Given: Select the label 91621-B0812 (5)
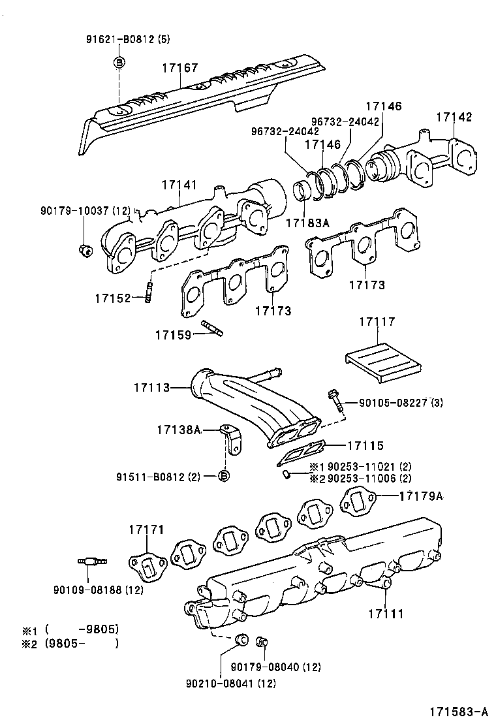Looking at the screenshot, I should point(127,39).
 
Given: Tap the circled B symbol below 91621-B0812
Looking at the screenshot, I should point(119,62).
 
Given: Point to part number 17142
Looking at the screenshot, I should point(454,118).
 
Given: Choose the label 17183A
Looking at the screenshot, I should point(307,223).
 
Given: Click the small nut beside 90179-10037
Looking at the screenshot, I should point(83,248).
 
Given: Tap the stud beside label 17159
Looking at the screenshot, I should point(213,328).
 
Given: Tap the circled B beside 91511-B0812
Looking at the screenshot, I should point(223,476).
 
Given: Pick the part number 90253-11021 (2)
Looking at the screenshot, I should point(362,467).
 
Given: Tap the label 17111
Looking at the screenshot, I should point(385,614).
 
